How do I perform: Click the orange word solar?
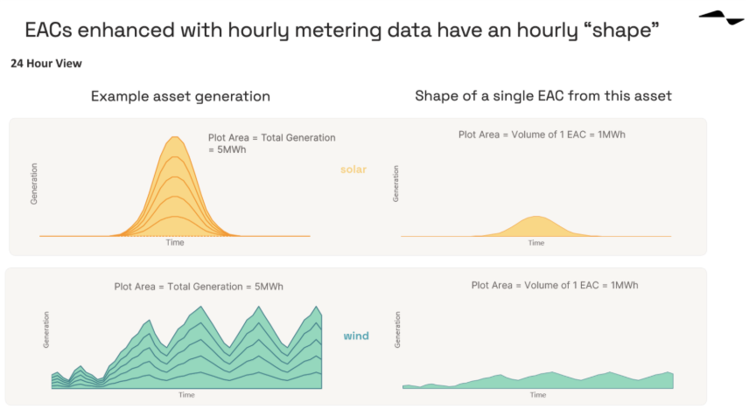coord(353,170)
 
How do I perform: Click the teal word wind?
coord(355,336)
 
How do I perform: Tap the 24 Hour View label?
coord(46,64)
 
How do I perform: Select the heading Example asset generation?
coord(180,96)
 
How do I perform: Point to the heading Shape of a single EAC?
coord(543,96)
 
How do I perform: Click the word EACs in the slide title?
coord(54,31)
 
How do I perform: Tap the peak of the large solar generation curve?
coord(175,137)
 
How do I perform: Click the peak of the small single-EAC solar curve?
coord(536,217)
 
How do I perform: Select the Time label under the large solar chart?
coord(175,243)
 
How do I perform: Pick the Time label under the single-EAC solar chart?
coord(536,243)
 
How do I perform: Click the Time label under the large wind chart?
coord(186,395)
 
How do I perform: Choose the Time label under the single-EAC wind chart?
coord(538,395)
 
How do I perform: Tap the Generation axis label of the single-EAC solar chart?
coord(396,184)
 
